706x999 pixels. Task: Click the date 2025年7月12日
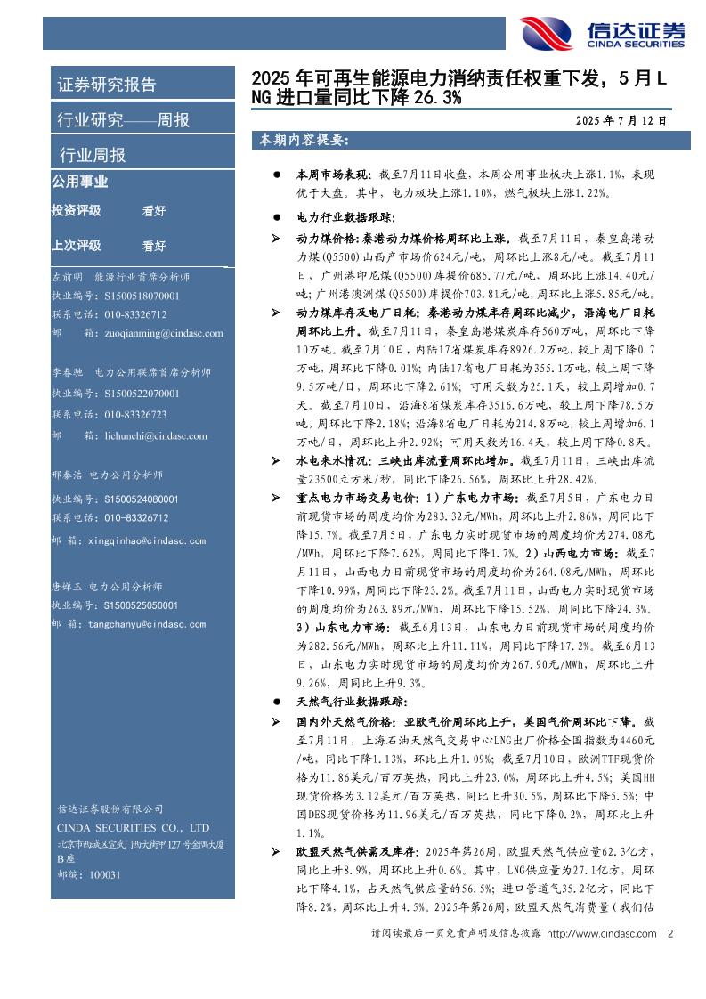(x=621, y=119)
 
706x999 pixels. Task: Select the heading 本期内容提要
(x=303, y=141)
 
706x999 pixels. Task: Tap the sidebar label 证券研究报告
(x=107, y=85)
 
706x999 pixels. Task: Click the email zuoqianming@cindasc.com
(x=156, y=333)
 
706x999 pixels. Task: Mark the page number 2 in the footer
(x=669, y=933)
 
